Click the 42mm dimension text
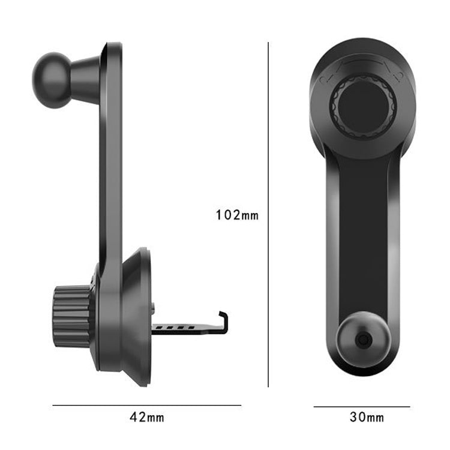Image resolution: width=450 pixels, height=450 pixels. [x=146, y=416]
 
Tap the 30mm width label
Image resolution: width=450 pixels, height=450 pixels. [x=367, y=416]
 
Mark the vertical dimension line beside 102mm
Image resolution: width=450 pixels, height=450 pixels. [x=268, y=215]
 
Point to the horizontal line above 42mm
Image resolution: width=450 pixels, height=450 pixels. [x=146, y=406]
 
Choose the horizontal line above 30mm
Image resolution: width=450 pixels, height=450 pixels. [x=362, y=406]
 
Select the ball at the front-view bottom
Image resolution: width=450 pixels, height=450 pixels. [x=362, y=339]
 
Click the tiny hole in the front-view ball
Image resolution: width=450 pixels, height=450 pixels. [x=362, y=340]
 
